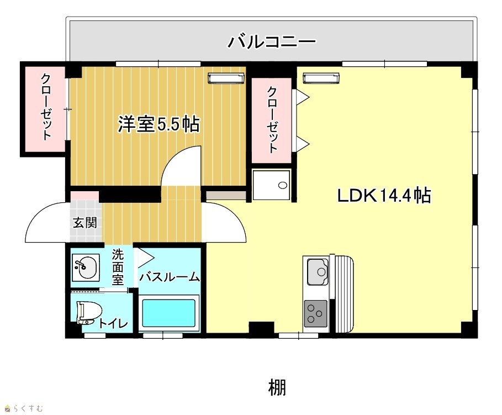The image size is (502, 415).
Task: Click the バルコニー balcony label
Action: pos(272,42)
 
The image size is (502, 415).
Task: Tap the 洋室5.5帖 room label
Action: pos(159,124)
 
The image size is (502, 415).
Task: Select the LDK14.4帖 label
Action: pos(384,195)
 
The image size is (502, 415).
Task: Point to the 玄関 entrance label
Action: pos(85,222)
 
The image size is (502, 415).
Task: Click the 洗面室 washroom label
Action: pos(118,267)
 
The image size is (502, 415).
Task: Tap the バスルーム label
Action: pos(170,276)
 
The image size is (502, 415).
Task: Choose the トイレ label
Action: pos(113,323)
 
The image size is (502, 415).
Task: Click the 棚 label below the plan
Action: pos(277,387)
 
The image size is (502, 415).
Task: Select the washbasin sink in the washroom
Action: pos(86,267)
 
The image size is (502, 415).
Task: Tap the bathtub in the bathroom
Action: pos(169,313)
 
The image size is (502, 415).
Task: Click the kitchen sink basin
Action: pos(318,272)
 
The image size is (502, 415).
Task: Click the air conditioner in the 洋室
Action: pos(226,78)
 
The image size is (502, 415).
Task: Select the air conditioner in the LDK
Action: pos(321,78)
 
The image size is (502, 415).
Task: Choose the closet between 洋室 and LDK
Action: pos(272,120)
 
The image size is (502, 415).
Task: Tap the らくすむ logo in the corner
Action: pos(23,408)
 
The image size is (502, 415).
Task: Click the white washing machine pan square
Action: pos(271,185)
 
